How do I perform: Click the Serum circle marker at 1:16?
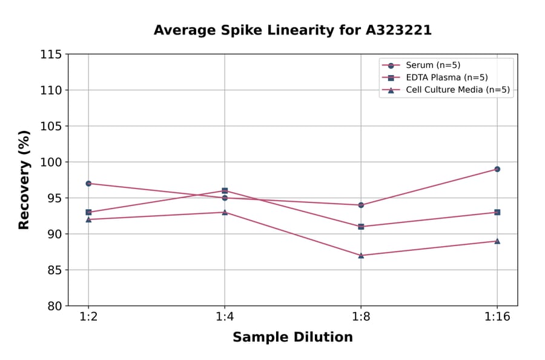pyautogui.click(x=497, y=169)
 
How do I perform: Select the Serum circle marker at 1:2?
pyautogui.click(x=88, y=184)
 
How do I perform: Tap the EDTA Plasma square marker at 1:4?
pyautogui.click(x=225, y=191)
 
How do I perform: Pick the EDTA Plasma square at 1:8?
pyautogui.click(x=361, y=227)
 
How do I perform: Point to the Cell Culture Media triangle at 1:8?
pyautogui.click(x=361, y=255)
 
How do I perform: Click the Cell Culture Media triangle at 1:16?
pyautogui.click(x=497, y=241)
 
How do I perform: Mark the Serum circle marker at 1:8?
pyautogui.click(x=361, y=205)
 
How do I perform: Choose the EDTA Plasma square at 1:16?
pyautogui.click(x=497, y=212)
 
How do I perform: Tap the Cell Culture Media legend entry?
pyautogui.click(x=449, y=90)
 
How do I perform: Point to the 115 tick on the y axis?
pyautogui.click(x=51, y=55)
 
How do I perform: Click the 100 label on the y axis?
pyautogui.click(x=51, y=162)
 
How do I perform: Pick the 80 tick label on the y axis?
pyautogui.click(x=54, y=306)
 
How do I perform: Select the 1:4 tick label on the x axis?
pyautogui.click(x=225, y=318)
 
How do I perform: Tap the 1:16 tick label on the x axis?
pyautogui.click(x=497, y=318)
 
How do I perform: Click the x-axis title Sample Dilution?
pyautogui.click(x=292, y=338)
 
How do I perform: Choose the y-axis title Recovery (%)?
pyautogui.click(x=24, y=180)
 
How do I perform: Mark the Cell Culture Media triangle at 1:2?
pyautogui.click(x=88, y=219)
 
